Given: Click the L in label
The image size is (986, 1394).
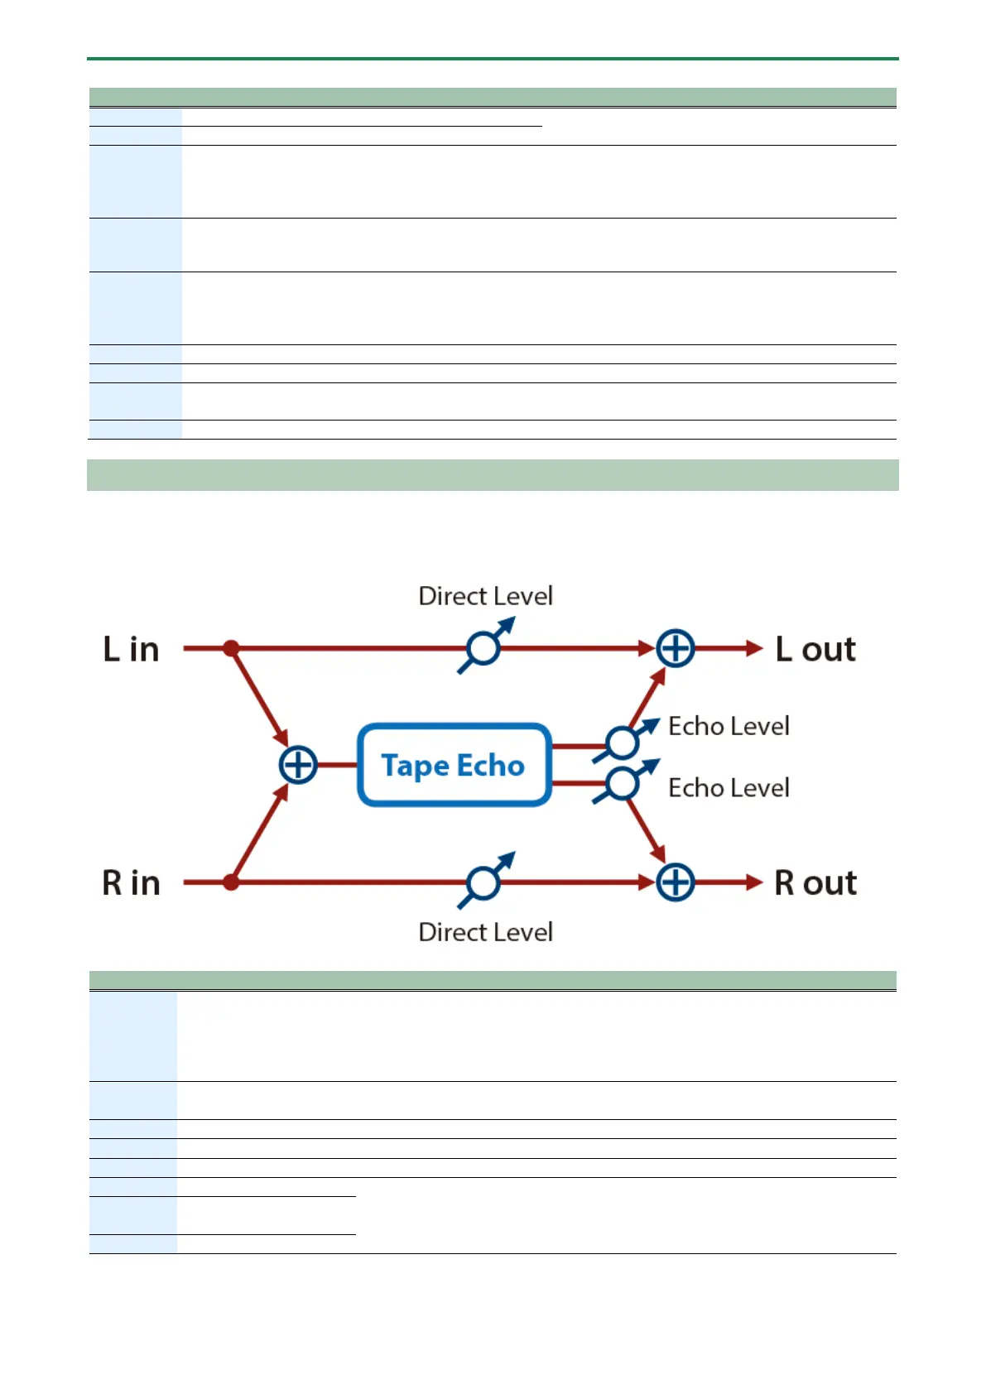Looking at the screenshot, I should pyautogui.click(x=131, y=650).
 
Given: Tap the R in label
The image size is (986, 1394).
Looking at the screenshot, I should pyautogui.click(x=131, y=883).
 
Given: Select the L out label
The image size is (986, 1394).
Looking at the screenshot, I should pyautogui.click(x=815, y=650).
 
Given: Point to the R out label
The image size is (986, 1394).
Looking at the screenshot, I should pyautogui.click(x=815, y=883).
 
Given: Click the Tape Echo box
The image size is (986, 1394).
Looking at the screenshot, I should pyautogui.click(x=454, y=765).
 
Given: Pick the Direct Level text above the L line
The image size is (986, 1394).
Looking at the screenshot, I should pyautogui.click(x=485, y=596).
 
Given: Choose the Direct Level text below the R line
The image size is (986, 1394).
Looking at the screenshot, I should pyautogui.click(x=485, y=932).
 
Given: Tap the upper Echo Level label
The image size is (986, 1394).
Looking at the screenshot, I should pyautogui.click(x=729, y=726).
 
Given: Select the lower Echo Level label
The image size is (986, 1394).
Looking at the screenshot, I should pyautogui.click(x=729, y=787).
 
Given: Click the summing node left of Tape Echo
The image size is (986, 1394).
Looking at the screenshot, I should pyautogui.click(x=298, y=765).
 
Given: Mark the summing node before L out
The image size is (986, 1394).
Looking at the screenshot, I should pyautogui.click(x=676, y=648).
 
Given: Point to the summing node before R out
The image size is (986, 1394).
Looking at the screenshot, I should pyautogui.click(x=676, y=882).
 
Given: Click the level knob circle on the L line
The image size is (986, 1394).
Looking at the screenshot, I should pyautogui.click(x=483, y=648).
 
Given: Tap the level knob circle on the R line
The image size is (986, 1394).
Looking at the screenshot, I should pyautogui.click(x=483, y=882).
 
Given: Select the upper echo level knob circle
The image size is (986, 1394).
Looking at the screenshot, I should pyautogui.click(x=622, y=743).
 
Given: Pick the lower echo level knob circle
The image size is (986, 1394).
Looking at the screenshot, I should pyautogui.click(x=622, y=783).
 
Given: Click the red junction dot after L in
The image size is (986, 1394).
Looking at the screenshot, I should pyautogui.click(x=232, y=648).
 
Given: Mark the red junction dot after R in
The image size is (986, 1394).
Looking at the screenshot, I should pyautogui.click(x=232, y=882).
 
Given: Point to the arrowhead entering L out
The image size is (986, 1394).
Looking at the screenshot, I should pyautogui.click(x=754, y=648).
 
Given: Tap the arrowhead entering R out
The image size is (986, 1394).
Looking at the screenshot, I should pyautogui.click(x=754, y=882).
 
